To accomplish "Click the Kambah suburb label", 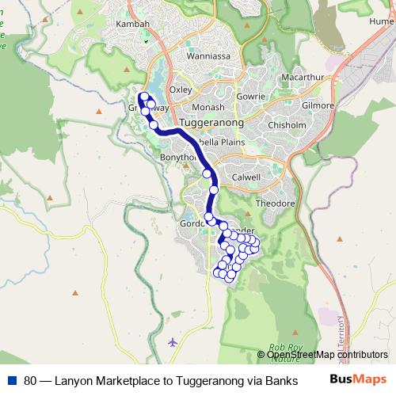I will coord(133,25).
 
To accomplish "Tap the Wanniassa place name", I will coord(208,56).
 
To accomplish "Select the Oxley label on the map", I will coord(181,89).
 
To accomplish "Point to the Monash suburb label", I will coord(208,107).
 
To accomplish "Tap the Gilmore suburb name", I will coord(318,105).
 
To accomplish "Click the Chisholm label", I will coord(287,125).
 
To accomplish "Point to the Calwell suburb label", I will coord(246,177).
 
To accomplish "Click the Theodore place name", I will coord(275,203).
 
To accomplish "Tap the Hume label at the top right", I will coord(381,23).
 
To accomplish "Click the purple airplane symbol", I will coord(173,342).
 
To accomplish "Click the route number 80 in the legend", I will coord(30,380).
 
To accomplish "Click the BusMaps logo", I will coord(358,380).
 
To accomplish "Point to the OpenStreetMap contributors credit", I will coord(326,355).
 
